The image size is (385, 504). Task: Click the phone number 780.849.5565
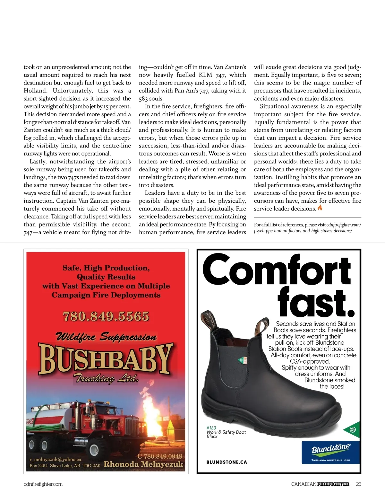point(106,317)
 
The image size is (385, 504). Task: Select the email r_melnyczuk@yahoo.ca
point(55,459)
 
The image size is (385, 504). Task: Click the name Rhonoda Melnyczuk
point(143,464)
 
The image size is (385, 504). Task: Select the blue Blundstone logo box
point(330,452)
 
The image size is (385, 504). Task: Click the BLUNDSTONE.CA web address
point(227,462)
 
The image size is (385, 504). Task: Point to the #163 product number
point(211,428)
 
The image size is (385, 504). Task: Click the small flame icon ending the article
point(320,208)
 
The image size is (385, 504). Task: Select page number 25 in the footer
point(358,484)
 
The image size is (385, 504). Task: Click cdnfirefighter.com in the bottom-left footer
point(43,484)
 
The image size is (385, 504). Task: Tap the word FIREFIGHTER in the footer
point(333,484)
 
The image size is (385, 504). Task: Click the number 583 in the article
point(143,99)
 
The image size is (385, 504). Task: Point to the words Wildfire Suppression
point(106,337)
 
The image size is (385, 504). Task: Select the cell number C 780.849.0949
point(159,456)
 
